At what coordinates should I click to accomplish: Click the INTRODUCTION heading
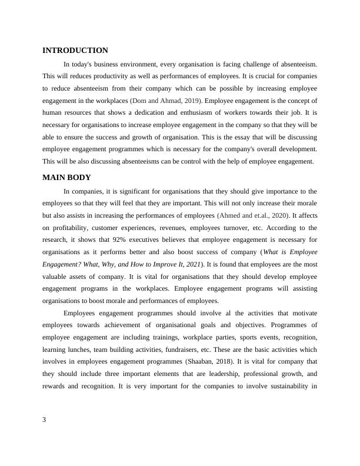75,51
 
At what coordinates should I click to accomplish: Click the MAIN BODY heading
66,178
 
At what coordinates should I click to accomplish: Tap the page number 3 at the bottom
45,420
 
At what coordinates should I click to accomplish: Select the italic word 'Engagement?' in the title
64,264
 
